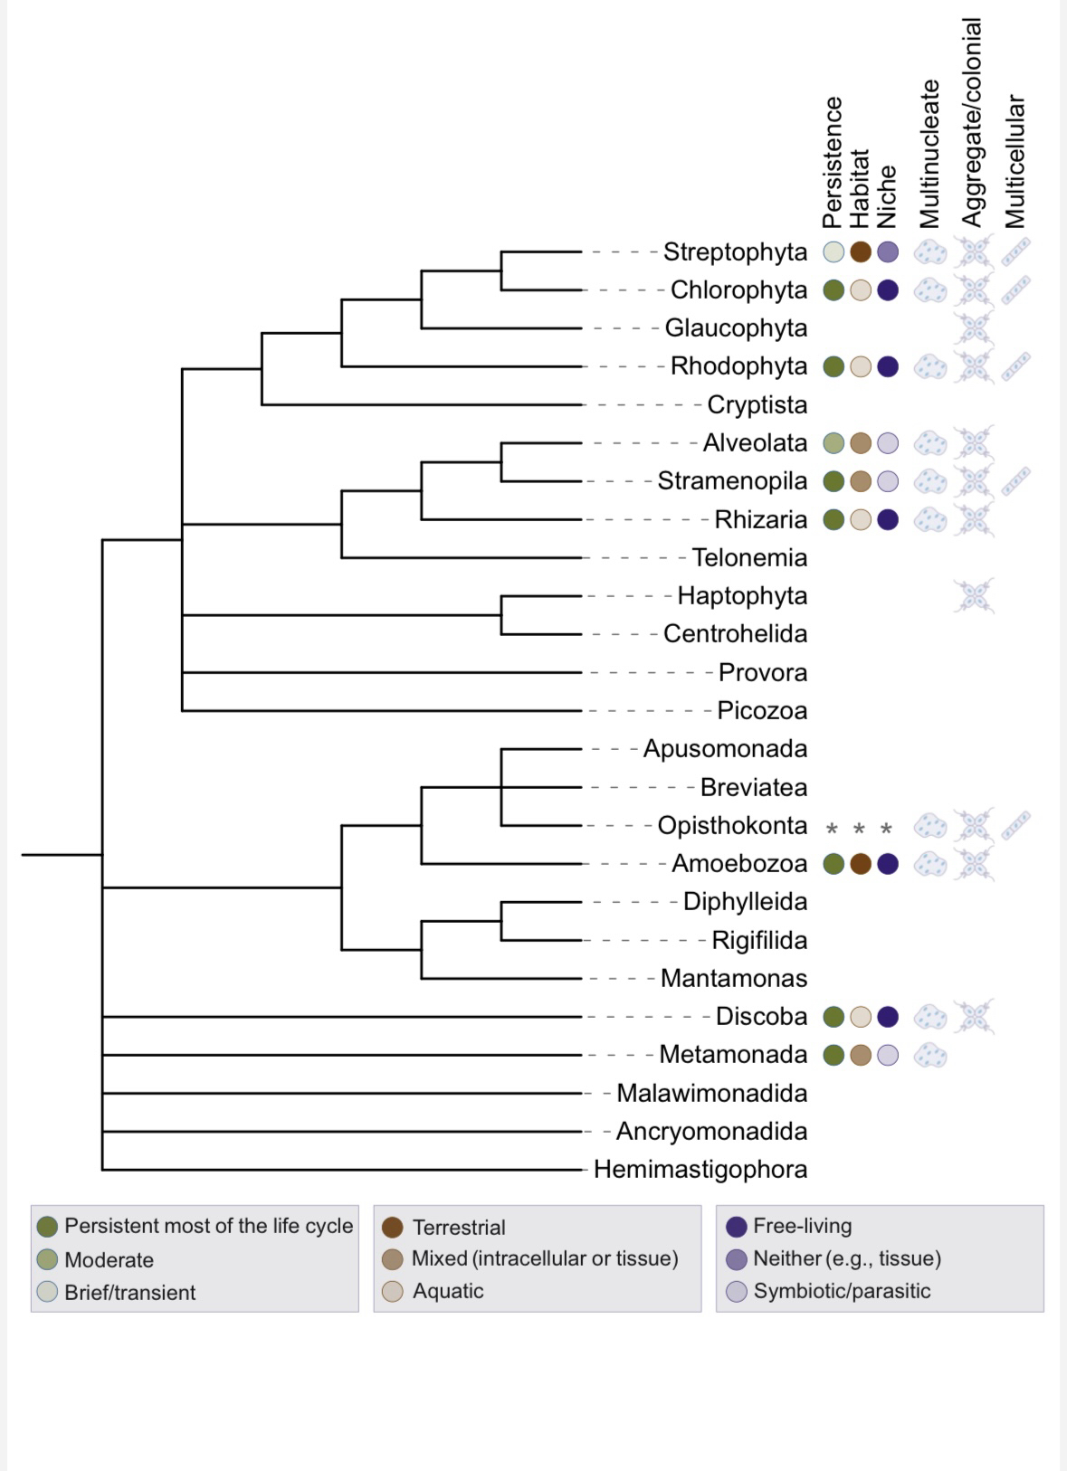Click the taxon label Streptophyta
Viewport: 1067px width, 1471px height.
tap(735, 251)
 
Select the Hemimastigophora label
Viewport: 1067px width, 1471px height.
tap(700, 1169)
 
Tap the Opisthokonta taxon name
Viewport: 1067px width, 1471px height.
tap(732, 825)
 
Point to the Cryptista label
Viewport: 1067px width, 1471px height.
tap(757, 404)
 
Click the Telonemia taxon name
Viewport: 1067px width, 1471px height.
tap(749, 557)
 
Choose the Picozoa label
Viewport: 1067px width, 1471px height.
tap(762, 710)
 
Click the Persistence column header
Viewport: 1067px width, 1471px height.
tap(833, 163)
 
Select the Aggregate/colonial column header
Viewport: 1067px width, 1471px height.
tap(972, 122)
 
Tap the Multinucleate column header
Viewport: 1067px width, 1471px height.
tap(929, 154)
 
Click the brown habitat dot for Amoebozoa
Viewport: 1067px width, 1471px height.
tap(861, 864)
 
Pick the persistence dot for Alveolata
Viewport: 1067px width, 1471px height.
tap(834, 443)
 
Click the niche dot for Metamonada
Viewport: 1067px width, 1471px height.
tap(888, 1055)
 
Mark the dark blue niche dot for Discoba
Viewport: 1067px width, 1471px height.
tap(888, 1017)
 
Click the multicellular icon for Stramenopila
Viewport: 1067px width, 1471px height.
tap(1015, 481)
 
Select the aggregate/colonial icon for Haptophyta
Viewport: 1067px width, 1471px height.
tap(973, 595)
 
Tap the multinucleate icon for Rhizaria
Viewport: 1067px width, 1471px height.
tap(929, 519)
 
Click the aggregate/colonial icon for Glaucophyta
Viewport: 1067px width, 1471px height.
tap(973, 327)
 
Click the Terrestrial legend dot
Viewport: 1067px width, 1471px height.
tap(393, 1228)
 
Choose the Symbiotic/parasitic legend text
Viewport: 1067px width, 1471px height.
tap(842, 1291)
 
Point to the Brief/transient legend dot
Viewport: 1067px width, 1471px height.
tap(48, 1292)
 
